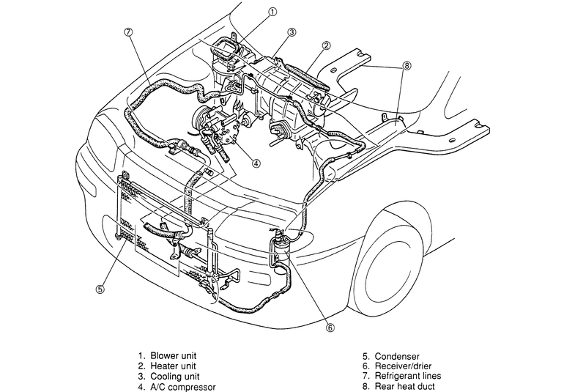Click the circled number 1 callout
272,12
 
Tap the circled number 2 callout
326,45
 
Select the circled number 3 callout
292,32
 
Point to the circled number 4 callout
256,163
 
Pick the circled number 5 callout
100,289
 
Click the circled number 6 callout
330,328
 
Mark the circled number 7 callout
128,32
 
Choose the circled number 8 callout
407,66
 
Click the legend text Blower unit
174,356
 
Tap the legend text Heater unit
173,366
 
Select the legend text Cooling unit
176,377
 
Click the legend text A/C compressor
183,387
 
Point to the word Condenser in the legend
397,356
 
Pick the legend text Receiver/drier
403,366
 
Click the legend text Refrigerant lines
408,376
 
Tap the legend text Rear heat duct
404,387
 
